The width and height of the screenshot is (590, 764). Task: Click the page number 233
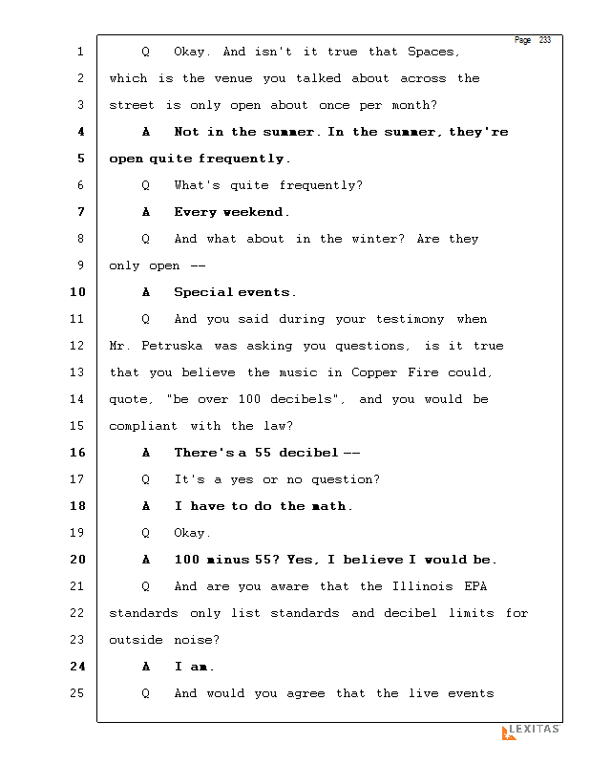point(545,40)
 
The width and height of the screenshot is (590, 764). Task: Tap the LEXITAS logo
point(531,732)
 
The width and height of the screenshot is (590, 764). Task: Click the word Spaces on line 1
point(432,52)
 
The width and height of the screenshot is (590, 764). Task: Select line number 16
point(77,453)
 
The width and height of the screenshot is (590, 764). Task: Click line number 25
point(77,693)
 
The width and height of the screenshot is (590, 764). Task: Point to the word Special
point(203,292)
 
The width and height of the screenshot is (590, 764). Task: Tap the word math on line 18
point(329,506)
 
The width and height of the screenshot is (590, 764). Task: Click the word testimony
point(411,319)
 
